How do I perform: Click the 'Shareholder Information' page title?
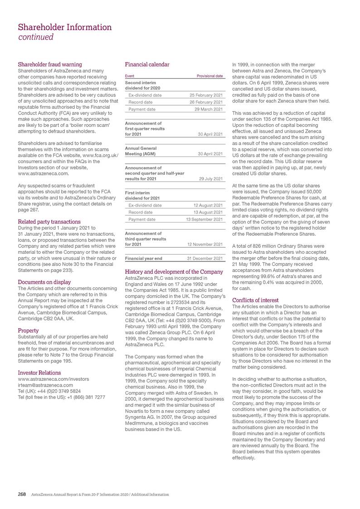(x=65, y=27)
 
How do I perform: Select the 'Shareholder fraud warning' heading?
(x=49, y=64)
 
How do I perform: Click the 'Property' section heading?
(x=28, y=330)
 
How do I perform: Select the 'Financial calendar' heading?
(x=147, y=64)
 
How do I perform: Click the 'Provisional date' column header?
(x=209, y=76)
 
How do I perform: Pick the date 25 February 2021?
(x=205, y=96)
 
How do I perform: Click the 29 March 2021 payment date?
(x=208, y=109)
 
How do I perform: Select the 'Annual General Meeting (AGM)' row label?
(x=141, y=151)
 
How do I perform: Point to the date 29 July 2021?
(x=211, y=179)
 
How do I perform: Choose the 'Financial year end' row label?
(x=143, y=258)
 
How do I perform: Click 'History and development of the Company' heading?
(x=174, y=271)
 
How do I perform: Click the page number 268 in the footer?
(x=22, y=494)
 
